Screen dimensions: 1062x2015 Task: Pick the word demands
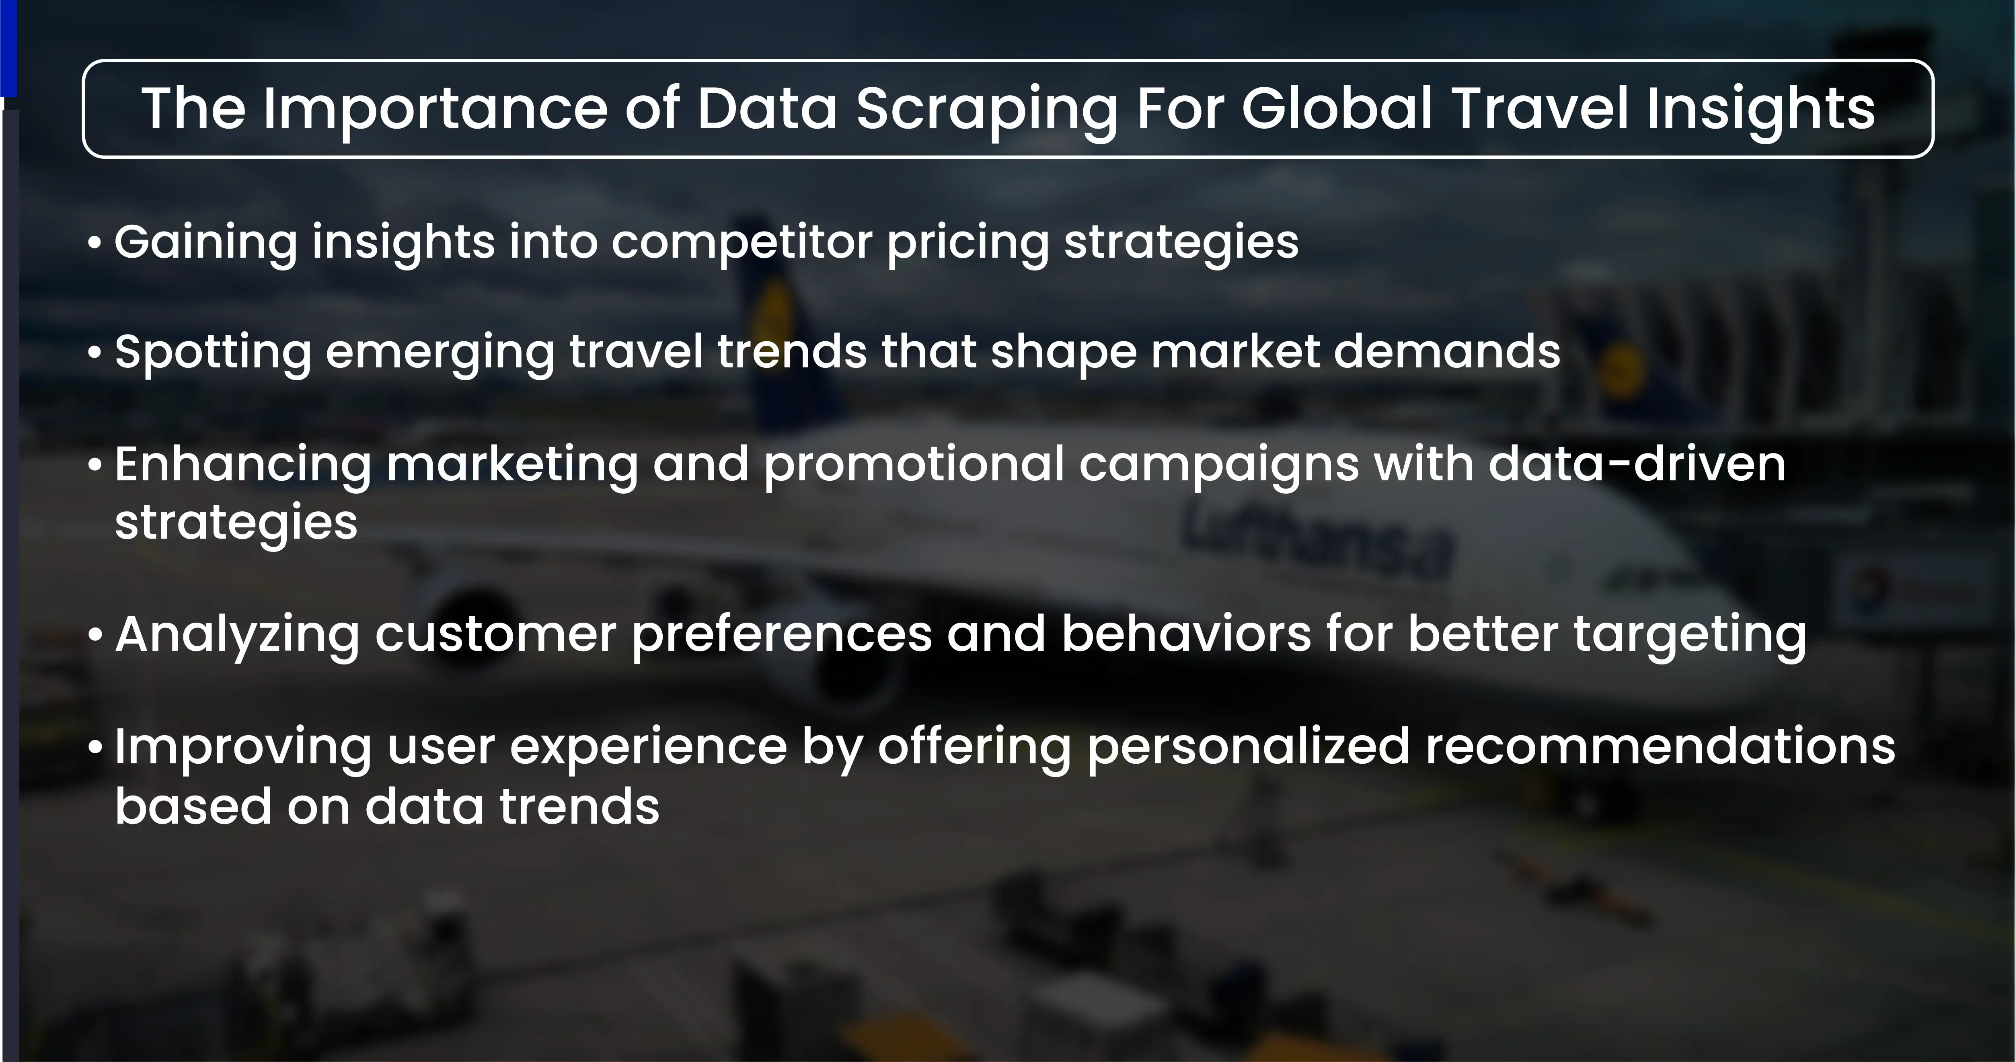pos(1447,351)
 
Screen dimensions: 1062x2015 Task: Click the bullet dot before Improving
pos(94,747)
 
